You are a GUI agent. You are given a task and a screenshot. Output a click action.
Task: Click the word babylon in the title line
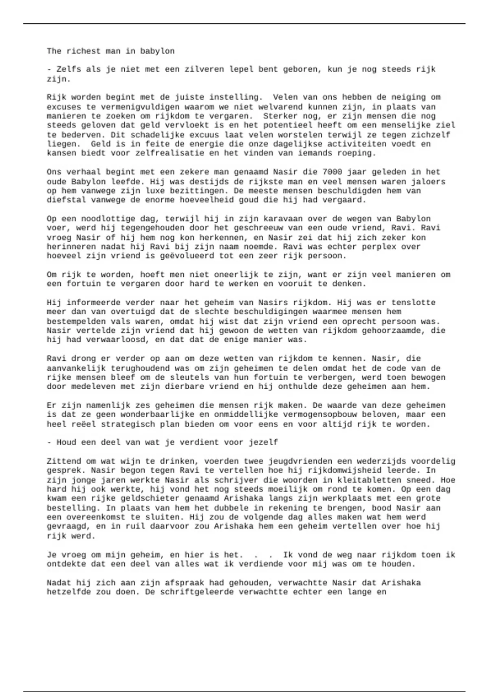pos(157,51)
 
